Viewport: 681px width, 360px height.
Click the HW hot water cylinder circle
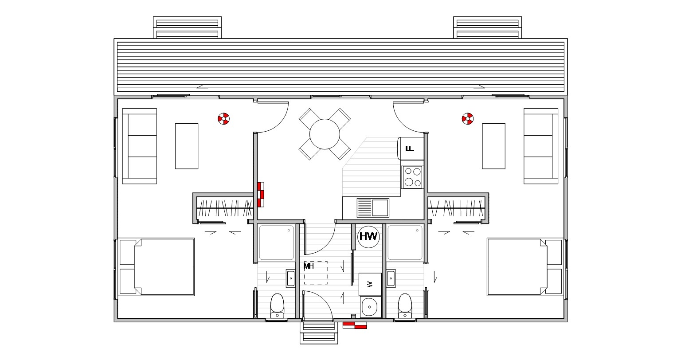(368, 237)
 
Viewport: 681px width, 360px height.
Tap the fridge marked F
(411, 149)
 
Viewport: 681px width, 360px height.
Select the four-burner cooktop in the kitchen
(413, 177)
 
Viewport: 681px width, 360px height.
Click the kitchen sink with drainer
(373, 208)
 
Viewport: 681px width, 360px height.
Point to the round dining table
(325, 134)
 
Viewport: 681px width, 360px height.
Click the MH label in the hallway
(308, 266)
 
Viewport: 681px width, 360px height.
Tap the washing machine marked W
(370, 284)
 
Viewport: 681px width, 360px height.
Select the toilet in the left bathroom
(277, 305)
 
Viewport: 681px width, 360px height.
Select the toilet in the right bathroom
(405, 305)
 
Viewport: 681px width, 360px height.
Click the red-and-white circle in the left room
(224, 118)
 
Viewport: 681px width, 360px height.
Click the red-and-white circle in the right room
(468, 118)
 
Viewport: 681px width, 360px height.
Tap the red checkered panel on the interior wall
(261, 195)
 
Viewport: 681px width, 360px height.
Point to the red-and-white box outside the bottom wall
(355, 325)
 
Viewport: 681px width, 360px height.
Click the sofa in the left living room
(140, 146)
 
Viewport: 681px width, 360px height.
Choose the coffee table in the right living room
(494, 146)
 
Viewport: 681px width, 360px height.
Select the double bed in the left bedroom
(156, 266)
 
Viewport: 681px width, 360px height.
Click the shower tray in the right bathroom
(405, 243)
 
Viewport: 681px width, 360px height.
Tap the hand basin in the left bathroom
(291, 278)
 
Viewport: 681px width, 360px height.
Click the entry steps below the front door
(319, 333)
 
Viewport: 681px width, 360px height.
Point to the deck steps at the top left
(187, 27)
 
